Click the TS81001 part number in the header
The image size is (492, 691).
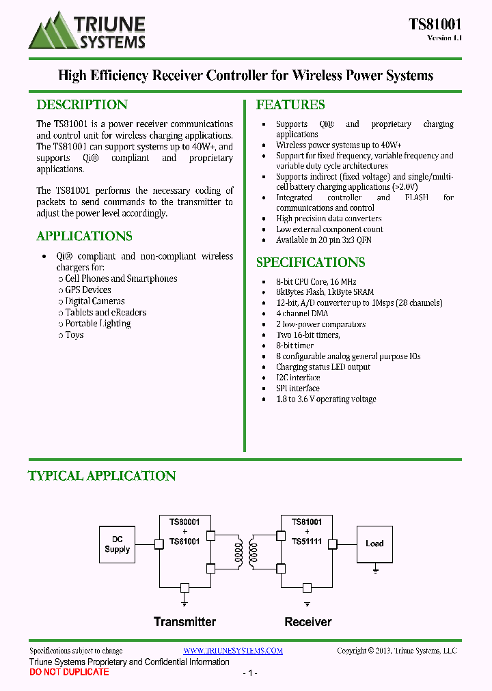click(435, 25)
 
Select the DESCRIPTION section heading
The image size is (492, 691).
click(82, 104)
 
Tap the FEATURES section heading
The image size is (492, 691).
click(290, 104)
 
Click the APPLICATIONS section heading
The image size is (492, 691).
click(84, 236)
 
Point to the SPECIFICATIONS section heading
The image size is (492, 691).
click(310, 262)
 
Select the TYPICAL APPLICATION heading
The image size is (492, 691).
click(102, 476)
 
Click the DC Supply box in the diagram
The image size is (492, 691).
click(118, 544)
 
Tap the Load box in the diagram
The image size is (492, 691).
click(374, 544)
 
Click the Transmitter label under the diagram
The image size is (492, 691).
click(184, 622)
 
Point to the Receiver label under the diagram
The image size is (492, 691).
click(307, 622)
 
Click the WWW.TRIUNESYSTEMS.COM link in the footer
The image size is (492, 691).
click(233, 651)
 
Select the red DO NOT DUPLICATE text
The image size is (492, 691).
click(69, 673)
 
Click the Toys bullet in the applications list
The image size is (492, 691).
click(74, 335)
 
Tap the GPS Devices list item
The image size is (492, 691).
click(88, 290)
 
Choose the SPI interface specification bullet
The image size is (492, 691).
click(297, 389)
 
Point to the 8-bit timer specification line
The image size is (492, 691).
click(295, 346)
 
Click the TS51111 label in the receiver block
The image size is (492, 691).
click(307, 541)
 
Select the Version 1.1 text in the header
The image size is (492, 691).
click(444, 38)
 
